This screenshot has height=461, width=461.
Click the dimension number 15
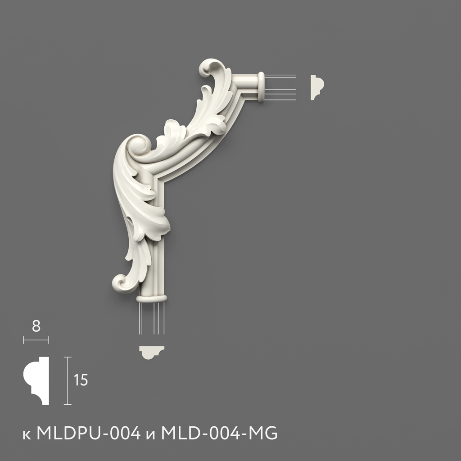[81, 380]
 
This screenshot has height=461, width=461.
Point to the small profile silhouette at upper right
[317, 87]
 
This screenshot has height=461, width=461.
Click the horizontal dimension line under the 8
[36, 340]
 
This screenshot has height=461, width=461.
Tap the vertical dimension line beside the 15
[68, 380]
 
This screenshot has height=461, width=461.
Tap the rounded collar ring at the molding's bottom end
[152, 298]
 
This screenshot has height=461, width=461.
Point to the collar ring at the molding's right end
[261, 87]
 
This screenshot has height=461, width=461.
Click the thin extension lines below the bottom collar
[151, 318]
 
